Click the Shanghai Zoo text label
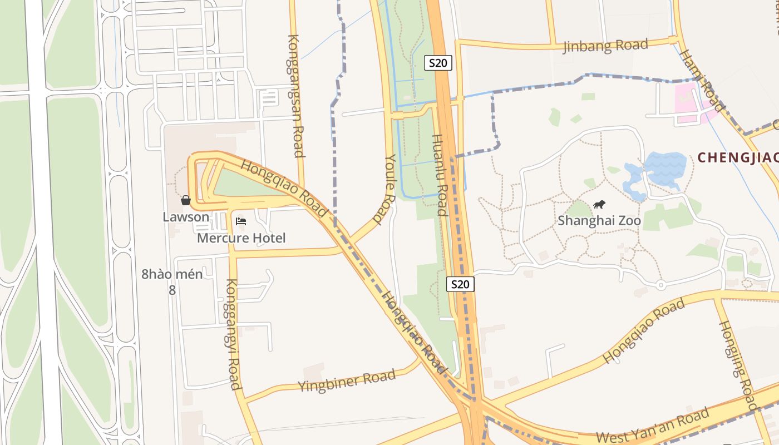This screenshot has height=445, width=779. [x=599, y=221]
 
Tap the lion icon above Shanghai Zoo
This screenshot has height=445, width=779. [x=599, y=205]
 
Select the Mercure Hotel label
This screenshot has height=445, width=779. [x=241, y=238]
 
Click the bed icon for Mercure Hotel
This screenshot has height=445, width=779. [x=241, y=221]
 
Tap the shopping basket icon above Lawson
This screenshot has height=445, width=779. [x=186, y=200]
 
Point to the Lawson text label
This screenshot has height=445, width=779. [x=186, y=217]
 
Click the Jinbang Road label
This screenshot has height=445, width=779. [x=605, y=46]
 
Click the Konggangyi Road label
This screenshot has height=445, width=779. [x=232, y=334]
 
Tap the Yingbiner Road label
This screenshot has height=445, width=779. [x=346, y=380]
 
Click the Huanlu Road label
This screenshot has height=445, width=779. [x=440, y=175]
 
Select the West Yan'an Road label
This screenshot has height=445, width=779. [x=652, y=426]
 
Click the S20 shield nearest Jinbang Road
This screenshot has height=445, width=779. [x=438, y=63]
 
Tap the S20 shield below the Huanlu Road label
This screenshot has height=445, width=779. [x=460, y=284]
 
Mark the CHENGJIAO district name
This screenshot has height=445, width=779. [x=738, y=157]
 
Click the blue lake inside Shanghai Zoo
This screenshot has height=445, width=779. [x=664, y=168]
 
